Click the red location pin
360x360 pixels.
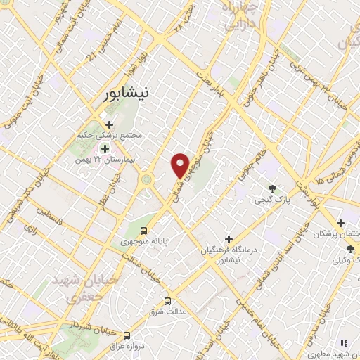pos(181,166)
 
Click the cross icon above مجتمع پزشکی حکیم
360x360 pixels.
pos(108,124)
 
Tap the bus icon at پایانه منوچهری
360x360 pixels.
pos(144,231)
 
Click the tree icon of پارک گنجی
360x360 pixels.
pos(272,188)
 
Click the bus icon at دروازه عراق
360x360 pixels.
pos(127,335)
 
